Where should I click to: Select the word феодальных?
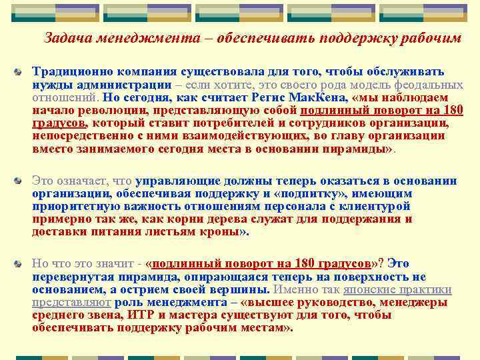[430, 85]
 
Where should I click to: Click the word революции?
[104, 111]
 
